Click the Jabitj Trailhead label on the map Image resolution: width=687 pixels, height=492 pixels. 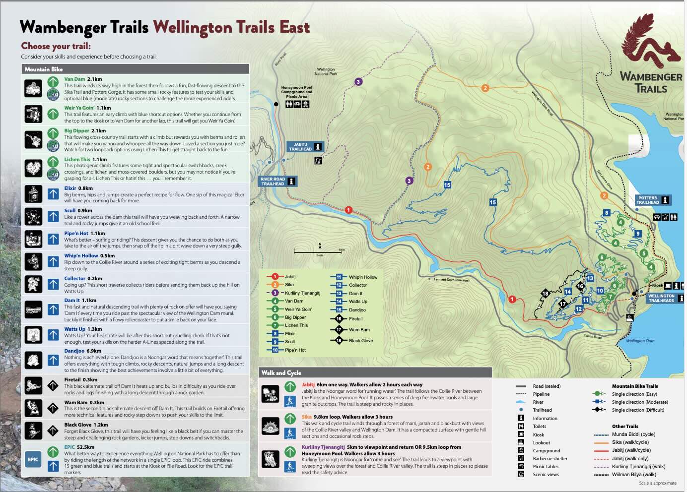301,147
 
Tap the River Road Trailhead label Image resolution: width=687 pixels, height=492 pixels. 273,182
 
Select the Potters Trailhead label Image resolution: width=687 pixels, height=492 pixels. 648,200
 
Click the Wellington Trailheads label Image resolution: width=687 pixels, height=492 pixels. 661,298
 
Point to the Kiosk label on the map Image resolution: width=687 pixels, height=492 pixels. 657,285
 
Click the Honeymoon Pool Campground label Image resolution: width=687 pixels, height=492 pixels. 296,92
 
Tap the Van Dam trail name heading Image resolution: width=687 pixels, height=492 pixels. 74,79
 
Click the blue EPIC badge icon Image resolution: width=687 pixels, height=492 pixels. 33,459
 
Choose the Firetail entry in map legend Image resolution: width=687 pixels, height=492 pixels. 355,319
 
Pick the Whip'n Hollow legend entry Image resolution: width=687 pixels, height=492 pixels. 363,277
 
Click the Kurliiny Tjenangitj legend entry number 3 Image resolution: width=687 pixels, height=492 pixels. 302,293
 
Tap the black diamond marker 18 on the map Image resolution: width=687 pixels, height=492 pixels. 545,294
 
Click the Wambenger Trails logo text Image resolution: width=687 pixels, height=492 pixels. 651,83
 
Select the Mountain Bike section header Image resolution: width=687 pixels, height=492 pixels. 44,69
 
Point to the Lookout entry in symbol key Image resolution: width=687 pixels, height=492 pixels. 541,442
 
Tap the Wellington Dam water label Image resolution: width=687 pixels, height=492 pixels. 640,341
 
